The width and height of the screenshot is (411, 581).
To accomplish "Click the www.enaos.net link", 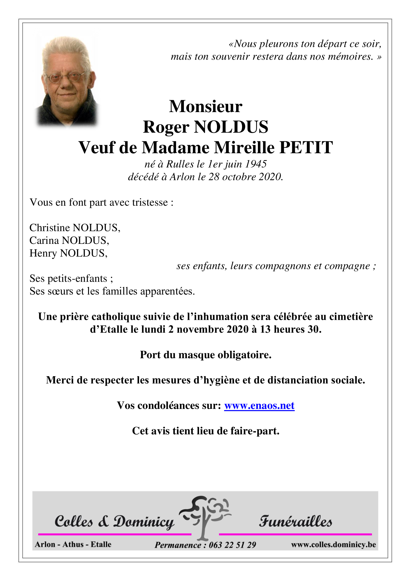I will click(x=259, y=406).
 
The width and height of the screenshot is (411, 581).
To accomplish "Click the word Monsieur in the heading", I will click(x=206, y=106).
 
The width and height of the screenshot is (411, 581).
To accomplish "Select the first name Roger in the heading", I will click(x=166, y=127).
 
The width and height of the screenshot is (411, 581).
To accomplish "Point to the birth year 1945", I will click(x=256, y=164).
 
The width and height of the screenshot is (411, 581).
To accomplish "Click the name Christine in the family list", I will click(x=50, y=228).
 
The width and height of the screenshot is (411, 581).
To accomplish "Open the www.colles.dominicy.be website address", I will click(x=333, y=545).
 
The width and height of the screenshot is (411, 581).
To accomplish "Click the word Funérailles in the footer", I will click(x=295, y=522).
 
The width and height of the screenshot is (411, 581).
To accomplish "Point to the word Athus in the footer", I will click(x=73, y=544).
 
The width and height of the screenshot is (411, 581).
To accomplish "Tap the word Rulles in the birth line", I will click(x=180, y=164).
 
